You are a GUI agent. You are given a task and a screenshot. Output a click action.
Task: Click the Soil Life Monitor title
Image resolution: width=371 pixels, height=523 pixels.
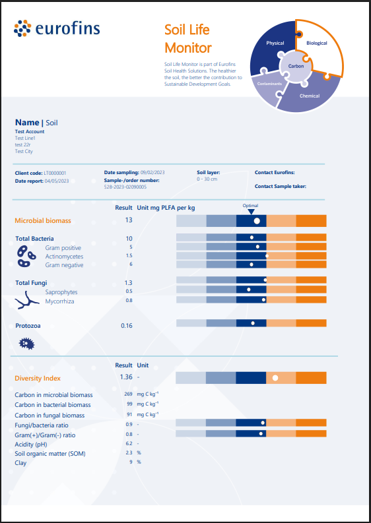coord(188,38)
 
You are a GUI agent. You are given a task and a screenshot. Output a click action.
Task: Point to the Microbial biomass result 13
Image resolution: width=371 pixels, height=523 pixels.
coord(128,220)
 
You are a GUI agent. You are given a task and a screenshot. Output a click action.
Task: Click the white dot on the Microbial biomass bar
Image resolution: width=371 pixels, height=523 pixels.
coord(257,220)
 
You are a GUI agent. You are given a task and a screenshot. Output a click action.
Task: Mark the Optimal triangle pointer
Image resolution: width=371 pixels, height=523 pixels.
coord(250,212)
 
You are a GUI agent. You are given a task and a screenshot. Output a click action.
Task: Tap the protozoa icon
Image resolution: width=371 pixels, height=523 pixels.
coord(26,343)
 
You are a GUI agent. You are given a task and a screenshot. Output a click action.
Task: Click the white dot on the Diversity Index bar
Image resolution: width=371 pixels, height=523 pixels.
coord(275,378)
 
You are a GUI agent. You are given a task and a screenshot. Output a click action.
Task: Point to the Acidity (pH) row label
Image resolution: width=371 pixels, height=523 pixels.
coord(36,444)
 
